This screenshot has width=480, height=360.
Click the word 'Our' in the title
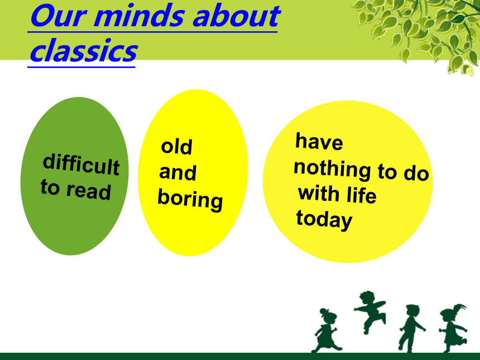pyautogui.click(x=57, y=16)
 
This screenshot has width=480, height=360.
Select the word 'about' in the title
pyautogui.click(x=236, y=16)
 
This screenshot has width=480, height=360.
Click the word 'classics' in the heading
pyautogui.click(x=84, y=50)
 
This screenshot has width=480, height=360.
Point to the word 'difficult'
pyautogui.click(x=81, y=164)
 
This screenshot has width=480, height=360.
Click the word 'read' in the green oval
pyautogui.click(x=89, y=191)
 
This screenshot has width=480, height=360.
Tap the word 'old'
pyautogui.click(x=176, y=146)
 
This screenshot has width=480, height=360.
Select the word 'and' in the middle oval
pyautogui.click(x=177, y=172)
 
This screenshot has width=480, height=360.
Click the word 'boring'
pyautogui.click(x=190, y=200)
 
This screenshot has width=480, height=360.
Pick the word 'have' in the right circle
pyautogui.click(x=319, y=141)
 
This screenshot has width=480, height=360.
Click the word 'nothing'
pyautogui.click(x=333, y=169)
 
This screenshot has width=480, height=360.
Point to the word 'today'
pyautogui.click(x=324, y=220)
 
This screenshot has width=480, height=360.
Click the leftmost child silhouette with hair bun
pyautogui.click(x=326, y=330)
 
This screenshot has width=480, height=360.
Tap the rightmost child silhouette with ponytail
pyautogui.click(x=453, y=328)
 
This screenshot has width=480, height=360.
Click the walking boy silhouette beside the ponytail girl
pyautogui.click(x=411, y=328)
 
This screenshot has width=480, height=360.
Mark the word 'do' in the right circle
pyautogui.click(x=416, y=173)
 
